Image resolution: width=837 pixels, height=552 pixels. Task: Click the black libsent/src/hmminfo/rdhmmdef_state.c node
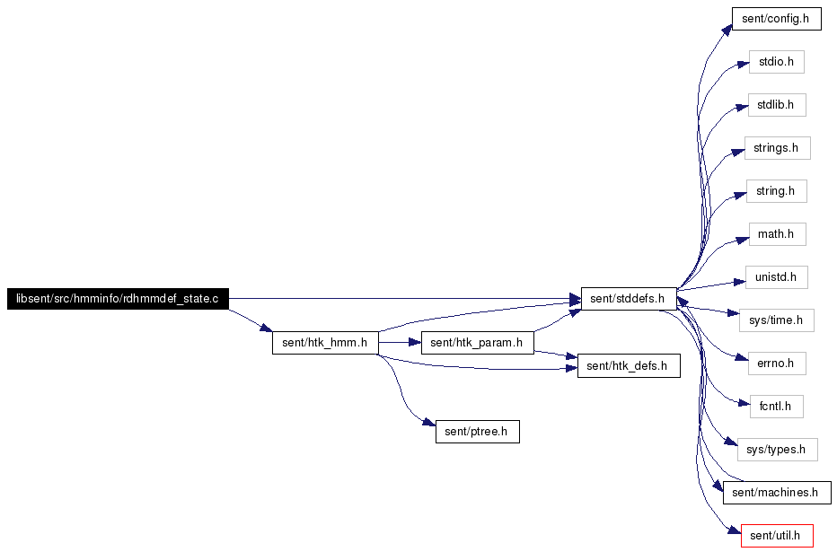(x=118, y=298)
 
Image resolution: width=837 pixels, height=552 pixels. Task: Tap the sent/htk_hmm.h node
(x=324, y=342)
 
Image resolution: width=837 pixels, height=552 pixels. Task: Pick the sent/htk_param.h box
(x=477, y=342)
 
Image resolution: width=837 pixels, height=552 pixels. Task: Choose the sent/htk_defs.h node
(x=628, y=365)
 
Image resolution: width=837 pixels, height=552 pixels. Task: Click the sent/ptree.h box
(x=477, y=431)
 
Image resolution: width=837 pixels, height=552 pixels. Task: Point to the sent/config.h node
(x=777, y=19)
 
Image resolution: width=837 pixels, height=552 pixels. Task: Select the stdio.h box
(x=776, y=62)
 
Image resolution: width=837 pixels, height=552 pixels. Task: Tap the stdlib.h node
(x=777, y=105)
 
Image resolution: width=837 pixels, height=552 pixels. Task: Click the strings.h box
(x=777, y=148)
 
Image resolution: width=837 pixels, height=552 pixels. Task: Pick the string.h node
(x=777, y=191)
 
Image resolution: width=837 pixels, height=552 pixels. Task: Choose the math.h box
(x=777, y=234)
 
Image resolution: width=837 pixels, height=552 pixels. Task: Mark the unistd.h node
(x=777, y=277)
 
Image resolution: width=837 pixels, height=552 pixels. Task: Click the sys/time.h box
(x=777, y=320)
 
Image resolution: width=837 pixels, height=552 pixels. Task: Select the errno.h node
(x=777, y=364)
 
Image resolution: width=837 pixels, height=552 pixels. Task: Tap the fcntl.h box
(x=776, y=407)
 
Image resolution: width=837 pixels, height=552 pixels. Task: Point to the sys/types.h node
(x=777, y=450)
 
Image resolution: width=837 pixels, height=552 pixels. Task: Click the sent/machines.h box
(x=776, y=493)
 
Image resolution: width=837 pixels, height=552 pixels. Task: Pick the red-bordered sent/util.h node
(x=777, y=536)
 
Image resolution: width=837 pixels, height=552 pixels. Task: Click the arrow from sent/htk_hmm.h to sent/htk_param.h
(x=400, y=342)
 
